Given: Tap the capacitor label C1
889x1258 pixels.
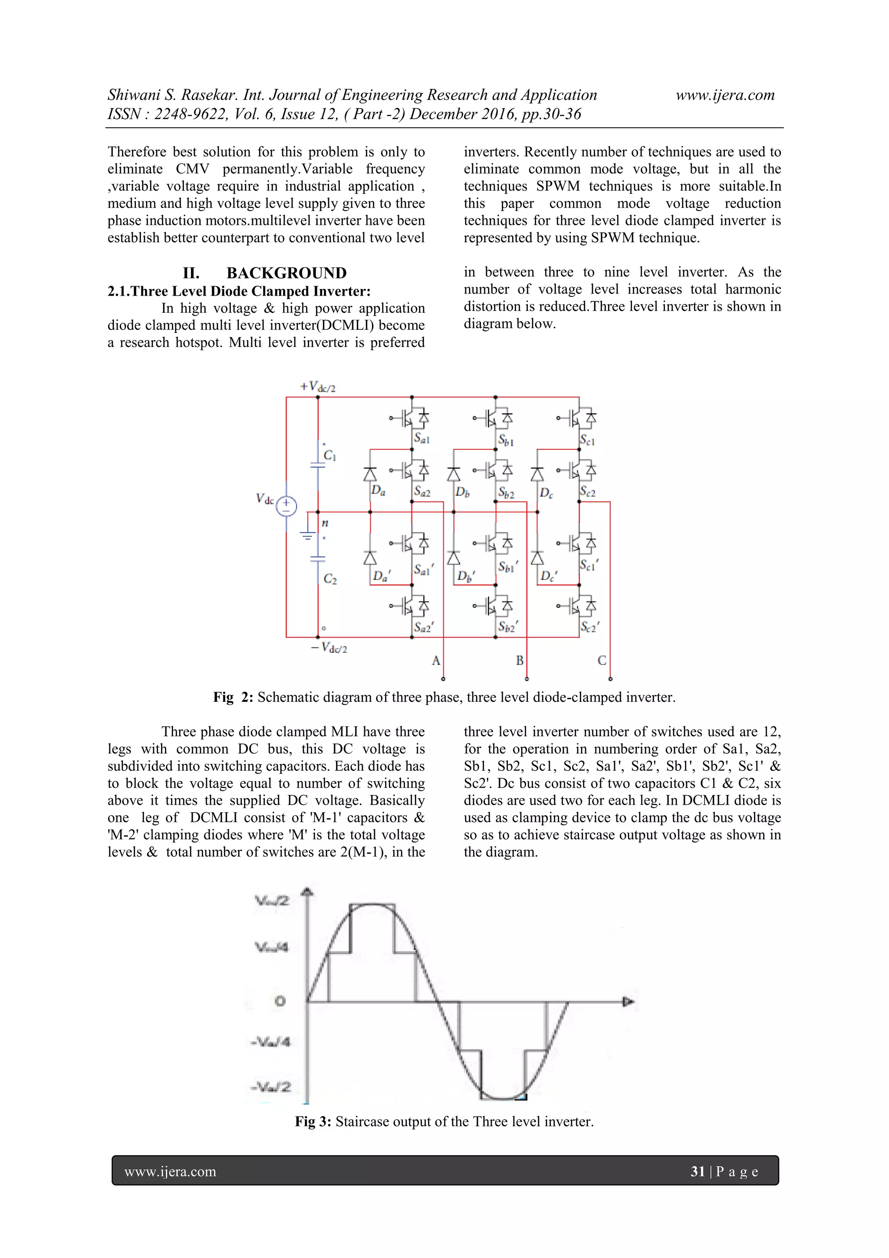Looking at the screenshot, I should (x=330, y=456).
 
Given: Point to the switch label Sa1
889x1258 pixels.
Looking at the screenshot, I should (x=422, y=438).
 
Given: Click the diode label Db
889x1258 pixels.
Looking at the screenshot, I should (x=462, y=492).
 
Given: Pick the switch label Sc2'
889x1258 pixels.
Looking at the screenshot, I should (x=590, y=626).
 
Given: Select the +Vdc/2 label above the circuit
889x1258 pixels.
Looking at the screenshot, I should (x=318, y=387).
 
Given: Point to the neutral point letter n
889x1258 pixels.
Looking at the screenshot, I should (x=325, y=523).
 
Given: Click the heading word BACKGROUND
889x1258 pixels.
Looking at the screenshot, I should (x=286, y=273).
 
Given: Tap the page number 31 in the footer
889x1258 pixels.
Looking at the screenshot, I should (x=697, y=1172).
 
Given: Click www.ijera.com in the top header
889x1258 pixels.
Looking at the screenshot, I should (x=724, y=96).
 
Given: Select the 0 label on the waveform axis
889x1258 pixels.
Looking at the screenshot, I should (x=280, y=1001).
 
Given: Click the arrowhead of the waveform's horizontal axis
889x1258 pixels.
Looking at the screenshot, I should (x=628, y=1002).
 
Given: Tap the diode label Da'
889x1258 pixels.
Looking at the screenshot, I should (x=381, y=576).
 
